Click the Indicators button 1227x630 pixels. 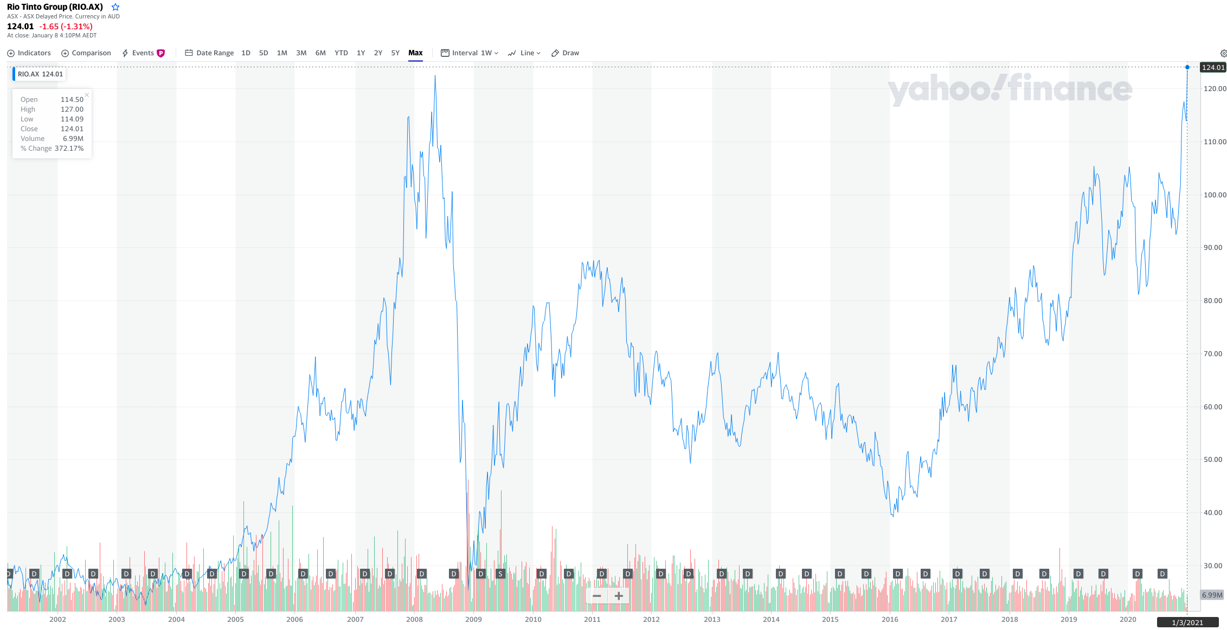point(29,53)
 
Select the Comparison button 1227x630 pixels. point(86,53)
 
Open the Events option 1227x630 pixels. point(143,53)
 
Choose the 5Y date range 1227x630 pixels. point(395,53)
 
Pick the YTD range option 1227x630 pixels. point(341,53)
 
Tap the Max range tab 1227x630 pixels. point(415,53)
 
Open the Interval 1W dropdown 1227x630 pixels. point(470,53)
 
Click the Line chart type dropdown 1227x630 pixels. point(524,53)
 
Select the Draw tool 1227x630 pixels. point(566,53)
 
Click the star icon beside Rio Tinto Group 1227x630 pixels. point(115,7)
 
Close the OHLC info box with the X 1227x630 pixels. point(87,95)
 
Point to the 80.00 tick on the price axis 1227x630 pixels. point(1212,301)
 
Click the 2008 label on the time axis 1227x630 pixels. point(414,619)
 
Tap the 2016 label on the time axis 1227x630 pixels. point(890,619)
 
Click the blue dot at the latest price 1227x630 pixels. point(1187,67)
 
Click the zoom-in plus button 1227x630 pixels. point(619,596)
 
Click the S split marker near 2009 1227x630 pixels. point(500,574)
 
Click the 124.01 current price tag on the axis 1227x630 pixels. point(1213,67)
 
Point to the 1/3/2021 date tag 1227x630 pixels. point(1187,622)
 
